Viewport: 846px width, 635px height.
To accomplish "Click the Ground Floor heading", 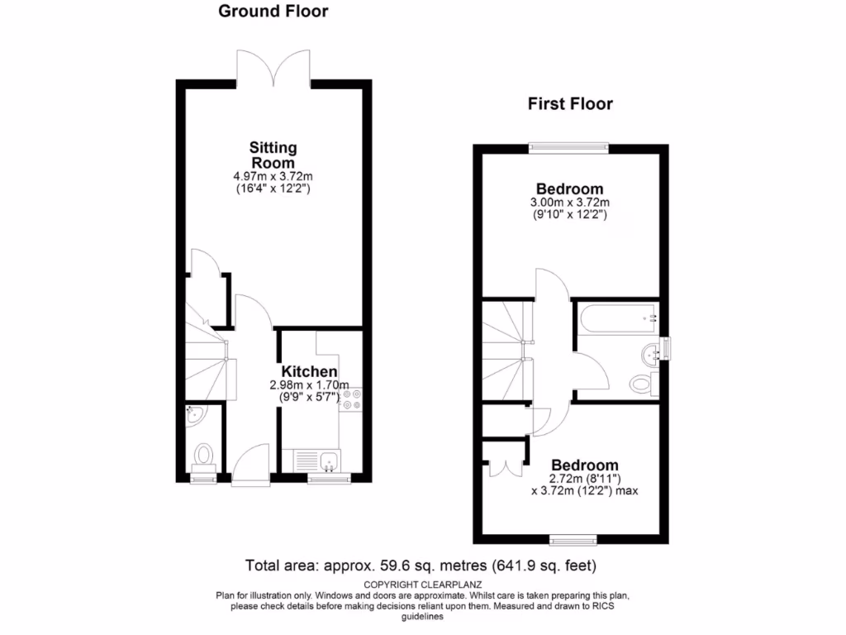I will pyautogui.click(x=273, y=12).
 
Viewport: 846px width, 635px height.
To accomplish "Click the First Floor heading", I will pyautogui.click(x=570, y=104).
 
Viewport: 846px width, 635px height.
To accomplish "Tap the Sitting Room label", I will pyautogui.click(x=273, y=155).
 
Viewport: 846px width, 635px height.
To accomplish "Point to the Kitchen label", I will pyautogui.click(x=309, y=371).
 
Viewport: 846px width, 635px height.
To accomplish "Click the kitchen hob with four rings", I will pyautogui.click(x=352, y=401).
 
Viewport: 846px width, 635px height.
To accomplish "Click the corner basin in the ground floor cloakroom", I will pyautogui.click(x=195, y=416).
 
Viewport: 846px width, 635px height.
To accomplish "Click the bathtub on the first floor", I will pyautogui.click(x=616, y=317).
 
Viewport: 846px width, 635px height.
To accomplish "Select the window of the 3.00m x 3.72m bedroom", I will pyautogui.click(x=569, y=149).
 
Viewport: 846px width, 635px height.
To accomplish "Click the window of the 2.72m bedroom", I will pyautogui.click(x=573, y=540).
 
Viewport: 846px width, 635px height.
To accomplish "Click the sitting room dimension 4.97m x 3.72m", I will pyautogui.click(x=273, y=177).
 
